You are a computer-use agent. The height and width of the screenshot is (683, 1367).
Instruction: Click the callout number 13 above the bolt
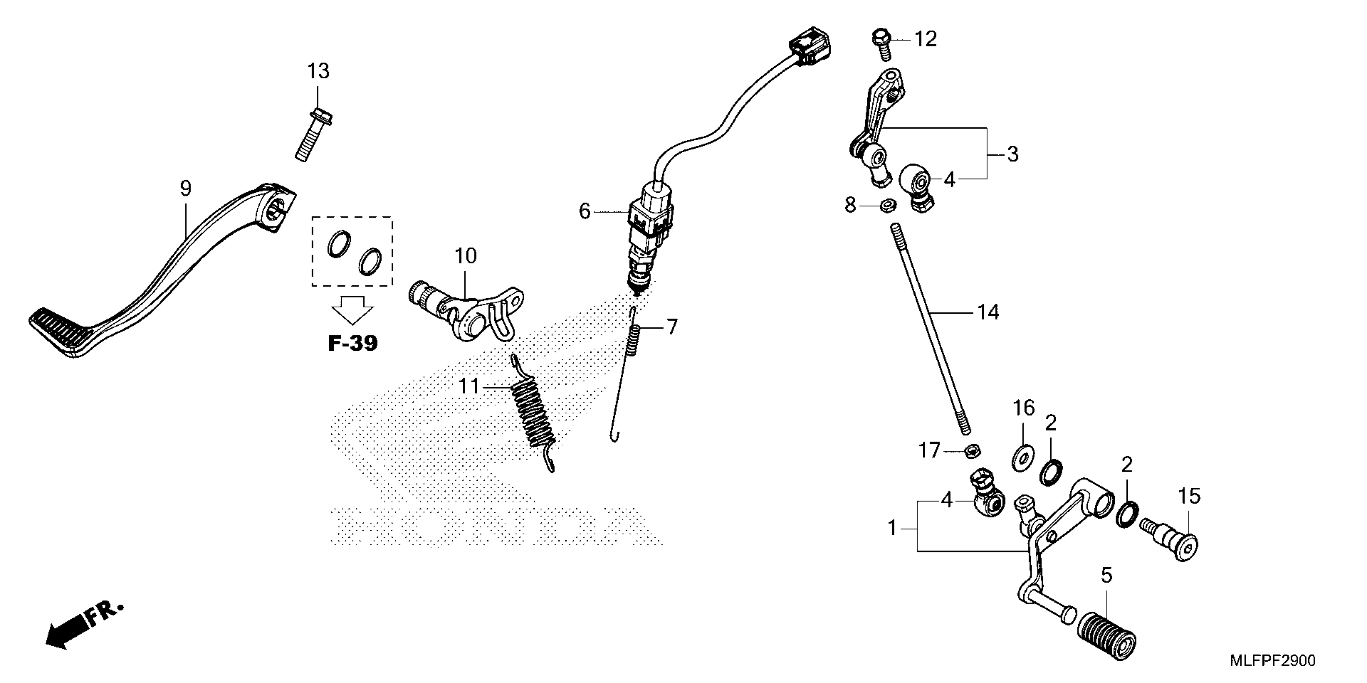318,71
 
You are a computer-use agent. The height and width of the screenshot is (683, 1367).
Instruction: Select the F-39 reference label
352,343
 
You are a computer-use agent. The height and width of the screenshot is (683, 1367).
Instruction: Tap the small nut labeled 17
972,451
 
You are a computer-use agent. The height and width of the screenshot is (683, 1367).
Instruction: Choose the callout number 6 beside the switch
584,211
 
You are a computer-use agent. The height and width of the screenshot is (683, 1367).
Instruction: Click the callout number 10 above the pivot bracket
466,256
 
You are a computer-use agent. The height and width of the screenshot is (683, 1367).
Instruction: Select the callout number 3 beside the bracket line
1012,154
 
